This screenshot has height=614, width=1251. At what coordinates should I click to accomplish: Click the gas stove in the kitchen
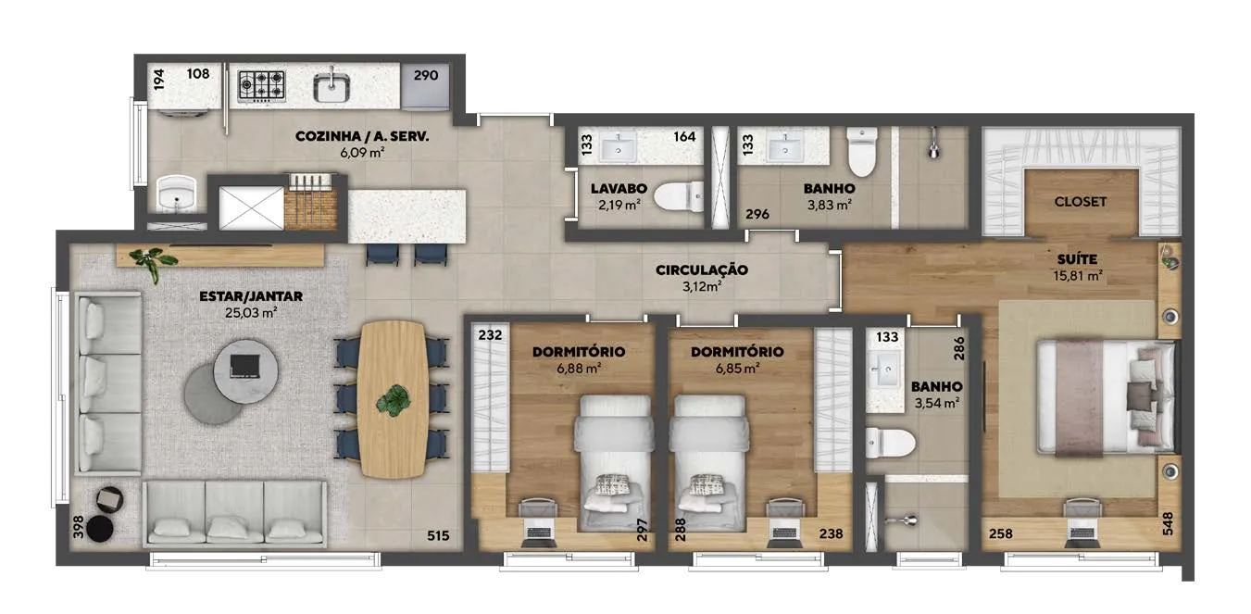point(262,86)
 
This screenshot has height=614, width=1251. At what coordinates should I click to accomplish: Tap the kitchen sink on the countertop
point(332,86)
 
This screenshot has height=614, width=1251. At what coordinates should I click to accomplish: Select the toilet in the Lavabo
point(679,196)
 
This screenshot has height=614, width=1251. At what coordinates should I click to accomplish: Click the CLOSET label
point(1080,202)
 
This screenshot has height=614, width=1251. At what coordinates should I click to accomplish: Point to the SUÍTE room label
point(1077,259)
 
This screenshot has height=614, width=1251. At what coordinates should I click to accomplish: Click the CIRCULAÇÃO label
point(702,269)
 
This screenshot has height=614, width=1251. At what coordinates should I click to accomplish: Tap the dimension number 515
point(438,536)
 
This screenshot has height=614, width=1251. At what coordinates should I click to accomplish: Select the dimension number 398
point(78,527)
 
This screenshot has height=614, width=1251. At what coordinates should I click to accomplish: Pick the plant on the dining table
point(394,400)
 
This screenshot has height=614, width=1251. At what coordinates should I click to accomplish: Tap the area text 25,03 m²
point(251,313)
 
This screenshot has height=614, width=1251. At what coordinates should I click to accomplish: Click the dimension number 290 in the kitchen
point(426,75)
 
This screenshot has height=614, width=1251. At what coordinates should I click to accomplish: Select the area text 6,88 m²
point(579,369)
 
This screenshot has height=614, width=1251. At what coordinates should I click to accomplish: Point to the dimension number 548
point(1168,523)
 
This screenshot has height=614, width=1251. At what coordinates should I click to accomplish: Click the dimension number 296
point(757,214)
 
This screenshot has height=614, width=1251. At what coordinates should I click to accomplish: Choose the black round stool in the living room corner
point(100,529)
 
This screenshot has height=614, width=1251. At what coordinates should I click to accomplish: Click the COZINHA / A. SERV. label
point(362,136)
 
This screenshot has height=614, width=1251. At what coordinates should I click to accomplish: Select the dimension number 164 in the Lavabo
point(684,136)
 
